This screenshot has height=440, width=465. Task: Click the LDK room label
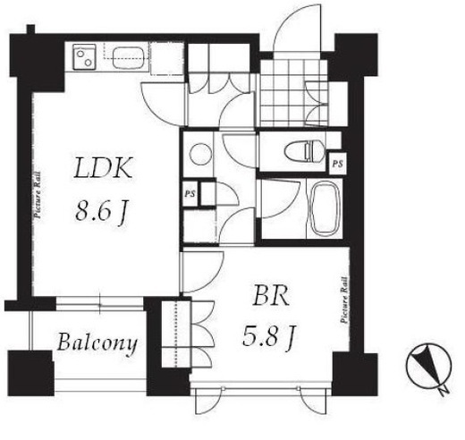tap(103, 168)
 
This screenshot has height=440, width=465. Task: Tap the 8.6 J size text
tap(102, 211)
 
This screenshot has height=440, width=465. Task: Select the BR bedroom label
tap(271, 295)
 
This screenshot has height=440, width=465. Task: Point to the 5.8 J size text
tap(269, 336)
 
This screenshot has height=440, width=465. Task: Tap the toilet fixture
tap(304, 151)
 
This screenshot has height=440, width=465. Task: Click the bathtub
tap(324, 208)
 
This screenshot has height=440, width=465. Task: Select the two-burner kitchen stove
tap(85, 57)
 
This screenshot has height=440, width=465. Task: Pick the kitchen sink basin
tap(129, 57)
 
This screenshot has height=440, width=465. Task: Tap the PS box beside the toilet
tap(338, 164)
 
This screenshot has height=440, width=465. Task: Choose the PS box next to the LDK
tap(190, 194)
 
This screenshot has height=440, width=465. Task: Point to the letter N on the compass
tap(444, 390)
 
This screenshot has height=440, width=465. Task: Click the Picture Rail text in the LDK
tap(38, 195)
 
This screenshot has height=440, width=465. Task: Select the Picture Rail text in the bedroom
tap(344, 300)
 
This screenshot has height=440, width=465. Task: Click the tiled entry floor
tap(293, 92)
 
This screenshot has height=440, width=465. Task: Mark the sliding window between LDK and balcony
tap(100, 304)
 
